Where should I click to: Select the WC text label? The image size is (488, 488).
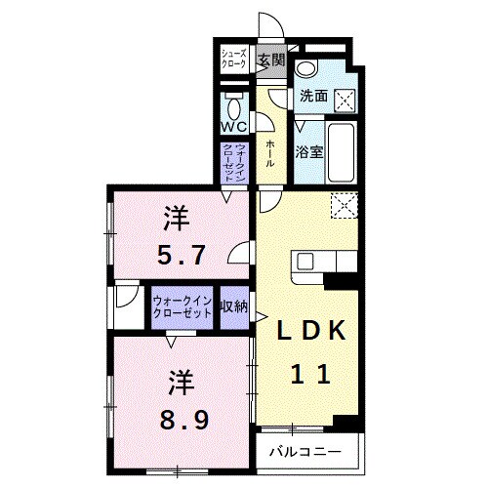click(x=234, y=128)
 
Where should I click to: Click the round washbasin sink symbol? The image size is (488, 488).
click(x=308, y=67)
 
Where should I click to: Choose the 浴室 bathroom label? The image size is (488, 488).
click(x=309, y=151)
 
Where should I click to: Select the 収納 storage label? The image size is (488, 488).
click(x=234, y=306)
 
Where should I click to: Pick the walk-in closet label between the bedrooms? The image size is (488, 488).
click(x=183, y=307)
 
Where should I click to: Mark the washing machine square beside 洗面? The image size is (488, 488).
click(x=343, y=97)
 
